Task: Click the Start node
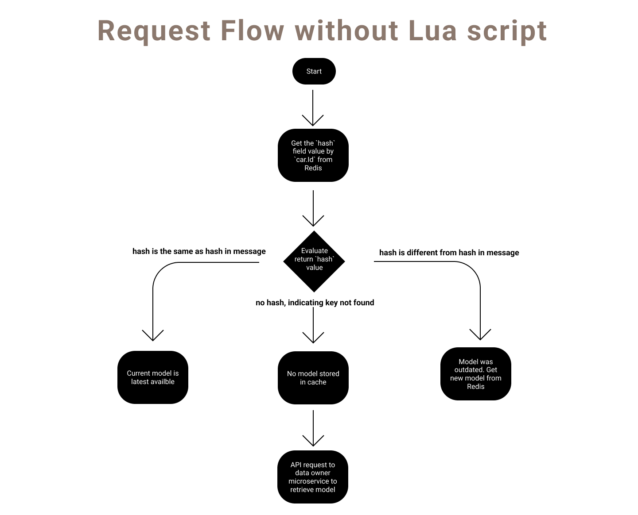tap(314, 71)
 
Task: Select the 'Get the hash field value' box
tap(313, 155)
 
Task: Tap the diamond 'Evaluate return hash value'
tap(314, 261)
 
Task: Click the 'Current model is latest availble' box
tap(152, 377)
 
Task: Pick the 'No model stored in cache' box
tap(313, 378)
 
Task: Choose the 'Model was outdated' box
tap(475, 374)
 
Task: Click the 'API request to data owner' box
tap(312, 477)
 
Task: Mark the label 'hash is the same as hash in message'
tap(199, 251)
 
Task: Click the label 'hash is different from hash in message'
tap(449, 253)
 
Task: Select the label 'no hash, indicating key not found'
tap(315, 303)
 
